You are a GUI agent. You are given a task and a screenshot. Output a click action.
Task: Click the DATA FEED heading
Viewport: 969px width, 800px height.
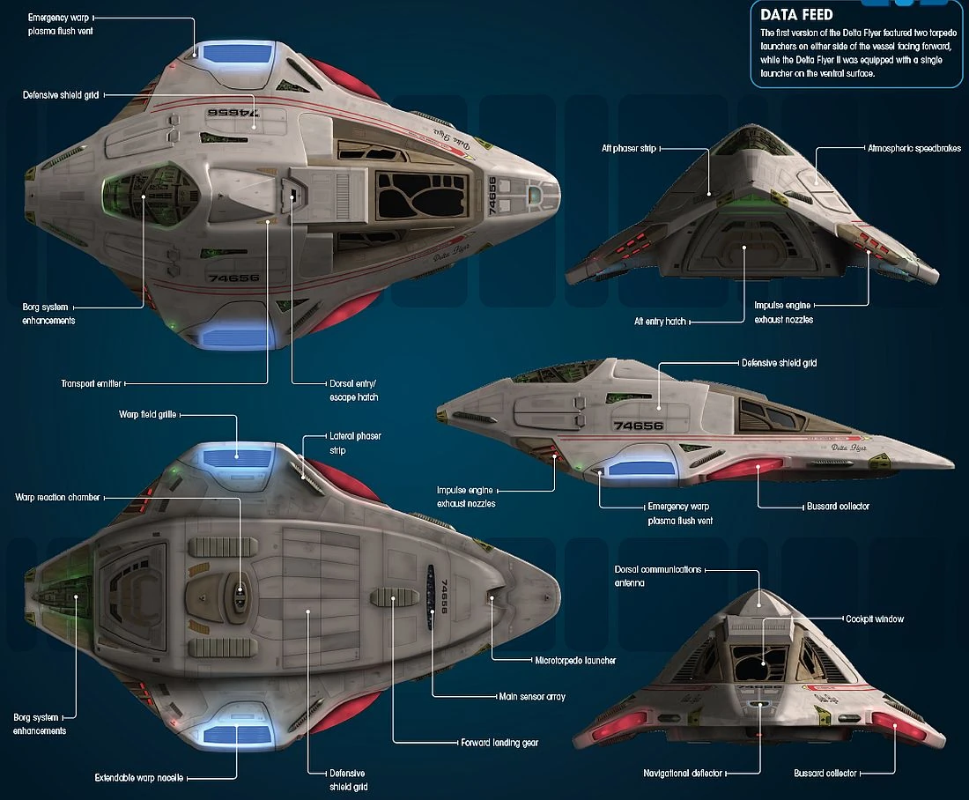pos(796,15)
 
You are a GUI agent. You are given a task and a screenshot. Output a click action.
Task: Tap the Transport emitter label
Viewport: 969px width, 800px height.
pos(91,384)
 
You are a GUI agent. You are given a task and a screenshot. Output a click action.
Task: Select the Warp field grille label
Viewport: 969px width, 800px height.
pos(147,414)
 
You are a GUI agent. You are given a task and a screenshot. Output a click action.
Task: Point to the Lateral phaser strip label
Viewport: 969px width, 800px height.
pos(355,442)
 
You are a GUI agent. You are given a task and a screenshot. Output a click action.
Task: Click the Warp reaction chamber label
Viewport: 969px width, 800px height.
pos(57,497)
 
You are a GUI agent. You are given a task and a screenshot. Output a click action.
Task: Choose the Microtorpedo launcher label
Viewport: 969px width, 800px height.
pos(575,660)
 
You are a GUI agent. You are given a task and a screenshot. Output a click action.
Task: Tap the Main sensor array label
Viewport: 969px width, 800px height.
pos(532,697)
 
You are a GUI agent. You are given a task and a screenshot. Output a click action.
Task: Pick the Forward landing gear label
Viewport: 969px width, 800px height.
pos(499,743)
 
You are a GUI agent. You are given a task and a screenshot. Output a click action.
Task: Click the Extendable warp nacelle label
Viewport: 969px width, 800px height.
pos(138,778)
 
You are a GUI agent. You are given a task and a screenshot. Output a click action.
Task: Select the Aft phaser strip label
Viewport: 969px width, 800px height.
pos(628,148)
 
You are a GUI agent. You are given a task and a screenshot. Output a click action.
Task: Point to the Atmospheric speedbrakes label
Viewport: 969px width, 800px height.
pos(914,148)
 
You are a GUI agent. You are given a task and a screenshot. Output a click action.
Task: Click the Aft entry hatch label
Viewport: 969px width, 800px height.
pos(660,322)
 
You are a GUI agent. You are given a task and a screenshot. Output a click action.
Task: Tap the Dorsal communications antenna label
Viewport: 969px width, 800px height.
pos(657,576)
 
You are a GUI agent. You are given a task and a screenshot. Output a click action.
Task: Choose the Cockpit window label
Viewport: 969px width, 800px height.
pos(875,619)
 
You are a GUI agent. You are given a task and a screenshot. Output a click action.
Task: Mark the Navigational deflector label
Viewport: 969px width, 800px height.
pos(683,774)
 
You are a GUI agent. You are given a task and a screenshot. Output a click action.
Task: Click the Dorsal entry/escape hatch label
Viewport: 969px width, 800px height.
pos(353,390)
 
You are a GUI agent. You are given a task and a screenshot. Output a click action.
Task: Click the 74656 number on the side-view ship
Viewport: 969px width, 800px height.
pos(639,426)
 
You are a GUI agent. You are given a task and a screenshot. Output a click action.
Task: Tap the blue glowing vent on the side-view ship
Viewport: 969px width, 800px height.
pos(640,468)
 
